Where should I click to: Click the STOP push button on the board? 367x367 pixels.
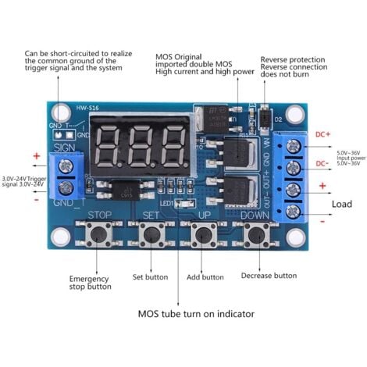(100, 233)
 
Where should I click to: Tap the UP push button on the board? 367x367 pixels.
(205, 233)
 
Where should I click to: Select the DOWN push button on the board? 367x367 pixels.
(255, 233)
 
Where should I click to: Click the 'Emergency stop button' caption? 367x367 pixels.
(90, 283)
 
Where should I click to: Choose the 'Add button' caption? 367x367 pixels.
(205, 277)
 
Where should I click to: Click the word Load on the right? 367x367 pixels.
(342, 204)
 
